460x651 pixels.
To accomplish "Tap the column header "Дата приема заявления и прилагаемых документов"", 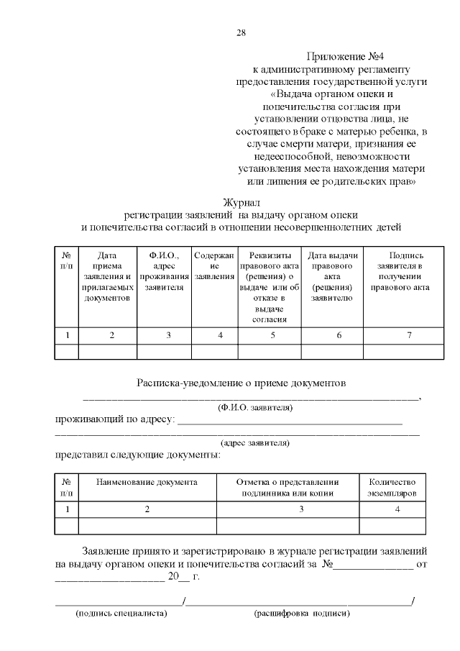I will click(107, 276).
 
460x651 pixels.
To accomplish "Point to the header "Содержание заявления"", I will click(214, 266).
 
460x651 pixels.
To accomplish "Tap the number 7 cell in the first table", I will click(408, 335).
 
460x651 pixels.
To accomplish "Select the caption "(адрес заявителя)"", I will click(254, 443).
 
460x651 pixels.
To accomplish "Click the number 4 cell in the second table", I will click(397, 509).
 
